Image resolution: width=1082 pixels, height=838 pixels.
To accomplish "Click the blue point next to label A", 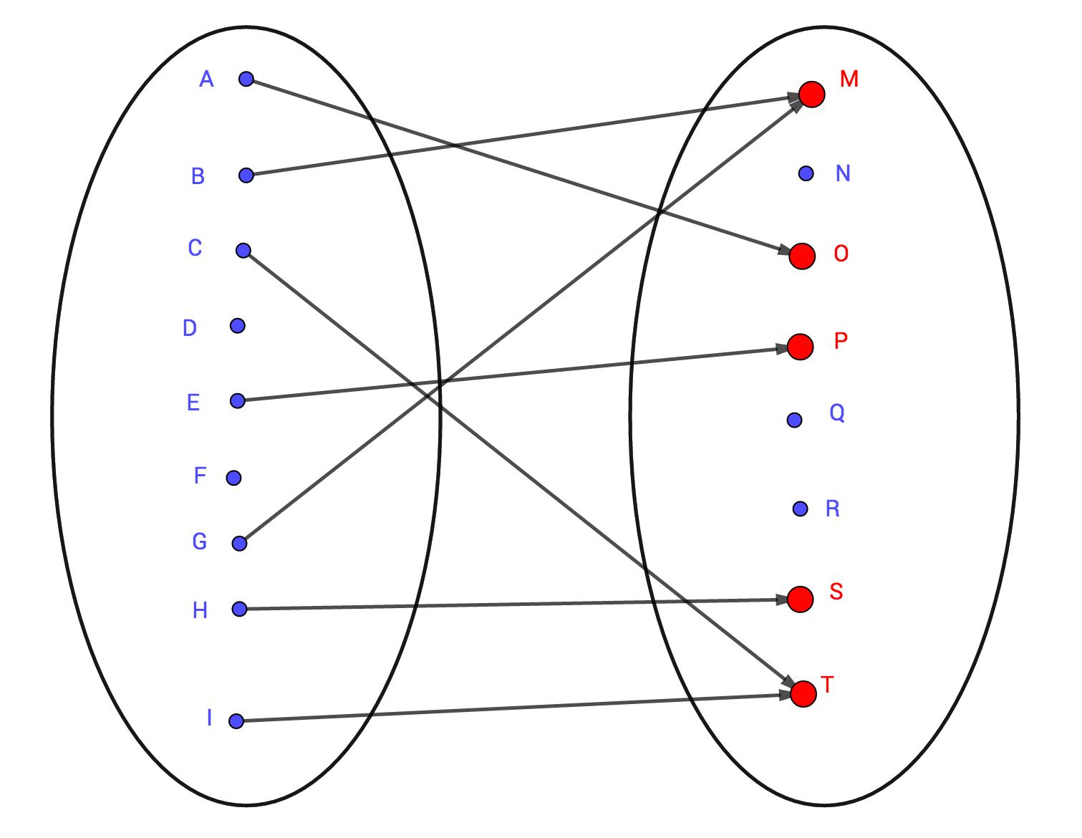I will [x=246, y=79].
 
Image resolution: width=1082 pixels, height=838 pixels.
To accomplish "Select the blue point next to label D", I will [x=238, y=326].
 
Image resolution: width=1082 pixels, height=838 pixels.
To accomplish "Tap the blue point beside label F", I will [x=233, y=478].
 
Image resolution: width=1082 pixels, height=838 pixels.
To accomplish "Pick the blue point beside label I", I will [x=236, y=721].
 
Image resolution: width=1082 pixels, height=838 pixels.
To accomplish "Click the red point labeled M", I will [x=812, y=94].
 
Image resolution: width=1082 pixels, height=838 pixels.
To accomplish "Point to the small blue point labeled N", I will [x=806, y=173].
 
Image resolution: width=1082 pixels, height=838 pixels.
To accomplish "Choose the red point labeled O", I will [x=802, y=256].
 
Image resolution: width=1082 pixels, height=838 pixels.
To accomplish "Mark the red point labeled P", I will [x=800, y=347].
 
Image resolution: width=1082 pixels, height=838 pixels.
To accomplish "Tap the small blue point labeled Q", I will [x=794, y=420].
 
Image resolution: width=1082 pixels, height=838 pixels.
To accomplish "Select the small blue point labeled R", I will [x=800, y=509].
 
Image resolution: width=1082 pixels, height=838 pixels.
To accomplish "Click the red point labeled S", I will [x=800, y=599].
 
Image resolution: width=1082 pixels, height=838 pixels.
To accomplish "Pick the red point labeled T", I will [x=803, y=693].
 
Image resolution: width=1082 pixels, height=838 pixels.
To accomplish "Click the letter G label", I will [x=200, y=541].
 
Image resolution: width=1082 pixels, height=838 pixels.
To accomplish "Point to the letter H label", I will [x=201, y=610].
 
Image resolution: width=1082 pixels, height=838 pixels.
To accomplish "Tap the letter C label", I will [x=195, y=248].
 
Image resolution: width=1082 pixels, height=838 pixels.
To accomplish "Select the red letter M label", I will [x=849, y=79].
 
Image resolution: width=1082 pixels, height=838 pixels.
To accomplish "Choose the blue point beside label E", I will [x=238, y=400].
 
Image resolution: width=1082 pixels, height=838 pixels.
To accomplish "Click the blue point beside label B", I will [x=246, y=175].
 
